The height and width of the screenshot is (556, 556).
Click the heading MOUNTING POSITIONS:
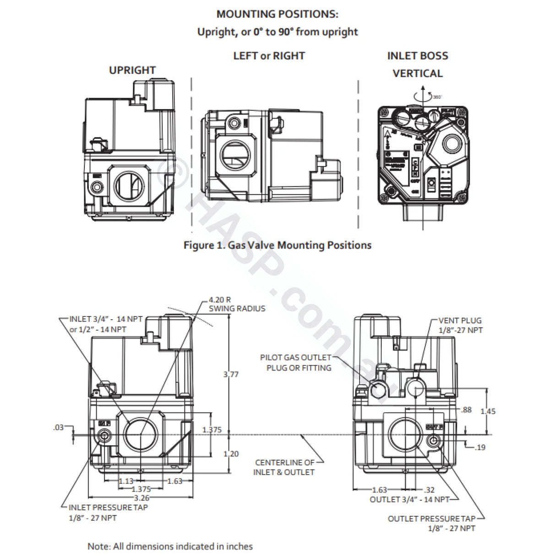(x=277, y=14)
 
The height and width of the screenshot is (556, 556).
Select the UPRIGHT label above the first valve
(x=132, y=70)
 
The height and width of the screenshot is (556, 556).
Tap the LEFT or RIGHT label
(x=269, y=56)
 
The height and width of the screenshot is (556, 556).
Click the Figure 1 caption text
(x=277, y=245)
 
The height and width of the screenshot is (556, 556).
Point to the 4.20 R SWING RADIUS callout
(x=237, y=304)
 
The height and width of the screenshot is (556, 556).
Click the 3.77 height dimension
(x=231, y=374)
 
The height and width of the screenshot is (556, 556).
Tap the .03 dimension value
(x=59, y=428)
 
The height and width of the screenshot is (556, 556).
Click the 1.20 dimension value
(x=231, y=453)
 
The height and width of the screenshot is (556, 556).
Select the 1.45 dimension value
(x=488, y=411)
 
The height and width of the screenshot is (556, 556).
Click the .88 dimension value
(x=466, y=410)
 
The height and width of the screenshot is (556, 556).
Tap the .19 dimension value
(x=480, y=447)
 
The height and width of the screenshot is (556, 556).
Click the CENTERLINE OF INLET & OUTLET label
(x=284, y=467)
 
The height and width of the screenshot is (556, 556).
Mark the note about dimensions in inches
(x=170, y=546)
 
